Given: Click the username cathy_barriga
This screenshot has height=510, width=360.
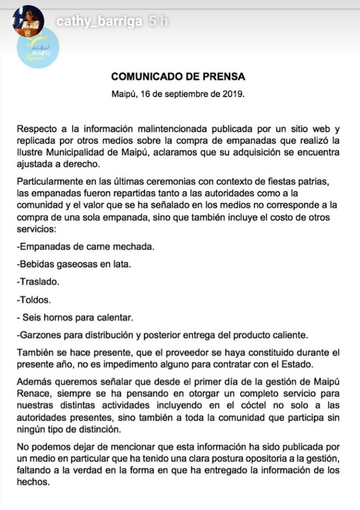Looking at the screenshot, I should pos(99,22).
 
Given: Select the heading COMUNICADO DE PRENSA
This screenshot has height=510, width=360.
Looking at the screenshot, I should pos(178,77).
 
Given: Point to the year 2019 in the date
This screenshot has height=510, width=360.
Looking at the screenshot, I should pos(235,94).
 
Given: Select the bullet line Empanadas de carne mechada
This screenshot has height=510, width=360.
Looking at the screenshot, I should pos(86,247).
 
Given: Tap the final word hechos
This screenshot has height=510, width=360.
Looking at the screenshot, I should pos(33,481).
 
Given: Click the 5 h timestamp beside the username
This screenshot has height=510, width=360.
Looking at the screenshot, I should pos(158,22).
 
